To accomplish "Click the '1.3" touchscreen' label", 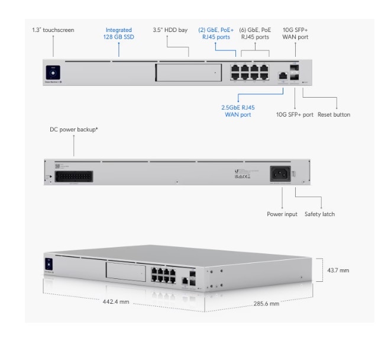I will tap(53, 30).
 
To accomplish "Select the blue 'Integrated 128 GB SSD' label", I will tap(118, 33).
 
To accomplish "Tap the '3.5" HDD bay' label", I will tap(170, 30).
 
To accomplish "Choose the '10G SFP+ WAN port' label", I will tap(295, 33).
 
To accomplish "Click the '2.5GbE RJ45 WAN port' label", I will tap(238, 111).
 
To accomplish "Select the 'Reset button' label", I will tap(334, 114).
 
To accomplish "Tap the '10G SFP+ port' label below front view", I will tap(295, 114).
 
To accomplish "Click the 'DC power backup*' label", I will tap(73, 129).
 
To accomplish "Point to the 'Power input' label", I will tap(282, 214).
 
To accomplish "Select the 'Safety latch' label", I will tap(320, 214).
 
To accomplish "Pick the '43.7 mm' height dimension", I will tap(338, 270).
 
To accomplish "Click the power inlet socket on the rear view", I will tap(280, 173).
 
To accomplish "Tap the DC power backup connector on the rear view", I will tap(72, 175).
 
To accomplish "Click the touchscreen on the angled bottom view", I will tap(49, 263).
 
